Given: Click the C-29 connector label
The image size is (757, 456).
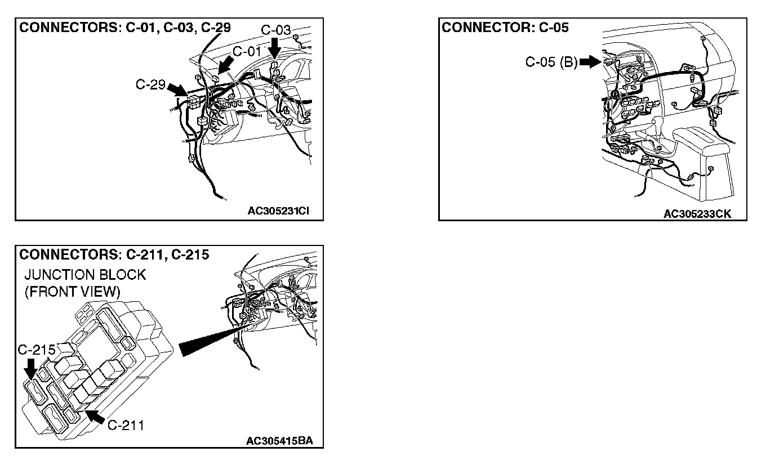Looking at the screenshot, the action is click(150, 85).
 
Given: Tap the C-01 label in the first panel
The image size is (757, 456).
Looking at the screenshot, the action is click(248, 51).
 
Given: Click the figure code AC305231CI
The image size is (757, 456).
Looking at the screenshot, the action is click(278, 212).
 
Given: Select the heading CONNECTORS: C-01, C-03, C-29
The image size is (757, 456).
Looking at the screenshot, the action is click(125, 28).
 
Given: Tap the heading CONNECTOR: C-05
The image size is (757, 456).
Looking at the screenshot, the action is click(505, 28).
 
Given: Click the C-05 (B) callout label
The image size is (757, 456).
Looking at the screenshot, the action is click(551, 62).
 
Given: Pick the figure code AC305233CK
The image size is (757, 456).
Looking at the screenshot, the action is click(697, 214).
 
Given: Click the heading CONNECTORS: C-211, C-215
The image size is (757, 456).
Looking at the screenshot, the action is click(114, 254).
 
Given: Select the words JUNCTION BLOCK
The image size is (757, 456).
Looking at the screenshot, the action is click(84, 275).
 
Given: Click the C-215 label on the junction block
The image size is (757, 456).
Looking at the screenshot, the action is click(36, 350).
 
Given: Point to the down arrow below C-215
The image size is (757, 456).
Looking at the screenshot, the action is click(30, 369).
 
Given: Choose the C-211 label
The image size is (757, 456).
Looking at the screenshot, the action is click(126, 425).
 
